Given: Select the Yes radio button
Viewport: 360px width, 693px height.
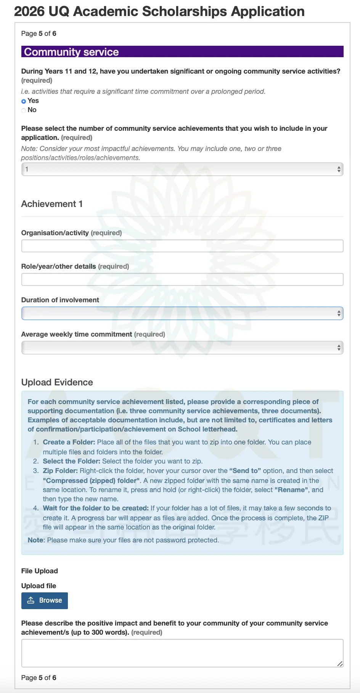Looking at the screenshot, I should pyautogui.click(x=24, y=101).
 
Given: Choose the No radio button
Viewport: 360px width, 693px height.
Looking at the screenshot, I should pyautogui.click(x=24, y=110).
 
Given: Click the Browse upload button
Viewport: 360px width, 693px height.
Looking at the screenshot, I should pyautogui.click(x=45, y=600).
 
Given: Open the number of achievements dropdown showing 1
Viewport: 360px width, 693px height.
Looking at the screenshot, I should pyautogui.click(x=182, y=169).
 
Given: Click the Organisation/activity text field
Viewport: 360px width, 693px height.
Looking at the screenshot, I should pyautogui.click(x=182, y=246).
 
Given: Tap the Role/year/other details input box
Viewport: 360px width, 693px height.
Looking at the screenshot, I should pyautogui.click(x=182, y=279).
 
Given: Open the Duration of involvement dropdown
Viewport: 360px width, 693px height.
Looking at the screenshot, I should pyautogui.click(x=182, y=313).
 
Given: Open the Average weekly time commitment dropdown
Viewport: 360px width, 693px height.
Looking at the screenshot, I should pyautogui.click(x=182, y=348).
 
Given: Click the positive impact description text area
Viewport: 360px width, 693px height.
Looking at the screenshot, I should pyautogui.click(x=182, y=653).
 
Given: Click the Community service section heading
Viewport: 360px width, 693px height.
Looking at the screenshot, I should pyautogui.click(x=71, y=52).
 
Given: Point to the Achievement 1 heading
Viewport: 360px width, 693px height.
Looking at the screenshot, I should pyautogui.click(x=52, y=204).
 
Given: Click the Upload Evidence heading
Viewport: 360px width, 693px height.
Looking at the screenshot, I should pyautogui.click(x=57, y=382).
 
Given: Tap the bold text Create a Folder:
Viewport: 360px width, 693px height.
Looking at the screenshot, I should pyautogui.click(x=69, y=442).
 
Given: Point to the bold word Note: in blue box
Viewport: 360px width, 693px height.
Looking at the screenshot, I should pyautogui.click(x=36, y=540).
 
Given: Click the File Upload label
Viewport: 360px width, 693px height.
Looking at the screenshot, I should pyautogui.click(x=40, y=571).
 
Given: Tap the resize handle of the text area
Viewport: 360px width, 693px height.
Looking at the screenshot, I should pyautogui.click(x=340, y=664).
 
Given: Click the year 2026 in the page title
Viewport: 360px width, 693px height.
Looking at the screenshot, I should pyautogui.click(x=29, y=11).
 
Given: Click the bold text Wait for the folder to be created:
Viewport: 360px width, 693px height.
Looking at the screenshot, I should pyautogui.click(x=96, y=508).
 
